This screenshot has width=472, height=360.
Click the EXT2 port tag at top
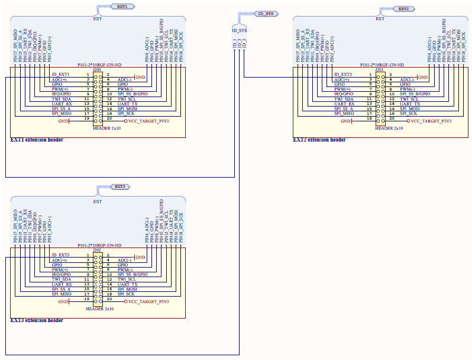405,9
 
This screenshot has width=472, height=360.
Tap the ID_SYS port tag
266,13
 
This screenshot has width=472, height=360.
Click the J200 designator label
96,69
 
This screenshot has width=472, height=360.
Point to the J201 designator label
379,69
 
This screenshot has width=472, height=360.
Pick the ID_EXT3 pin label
61,255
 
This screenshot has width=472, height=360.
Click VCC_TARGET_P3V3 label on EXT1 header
148,121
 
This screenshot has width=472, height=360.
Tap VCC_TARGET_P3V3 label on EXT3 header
148,301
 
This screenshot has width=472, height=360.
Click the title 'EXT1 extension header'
37,140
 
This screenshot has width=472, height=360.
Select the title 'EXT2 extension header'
319,140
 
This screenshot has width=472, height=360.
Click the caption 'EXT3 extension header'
37,320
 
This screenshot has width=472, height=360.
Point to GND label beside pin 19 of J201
345,121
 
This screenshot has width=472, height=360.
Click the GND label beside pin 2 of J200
140,77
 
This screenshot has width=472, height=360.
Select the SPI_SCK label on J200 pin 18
126,113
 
